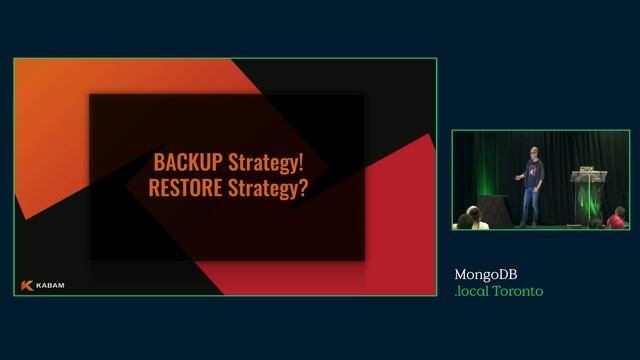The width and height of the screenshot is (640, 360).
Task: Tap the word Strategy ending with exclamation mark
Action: pyautogui.click(x=261, y=163)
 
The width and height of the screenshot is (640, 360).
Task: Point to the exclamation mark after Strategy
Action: pyautogui.click(x=302, y=162)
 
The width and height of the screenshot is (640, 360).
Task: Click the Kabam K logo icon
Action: pyautogui.click(x=27, y=285)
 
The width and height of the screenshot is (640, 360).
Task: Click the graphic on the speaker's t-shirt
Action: pyautogui.click(x=532, y=171)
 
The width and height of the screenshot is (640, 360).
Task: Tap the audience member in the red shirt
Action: pyautogui.click(x=617, y=219)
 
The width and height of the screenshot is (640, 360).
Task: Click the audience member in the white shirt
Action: pyautogui.click(x=478, y=222)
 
